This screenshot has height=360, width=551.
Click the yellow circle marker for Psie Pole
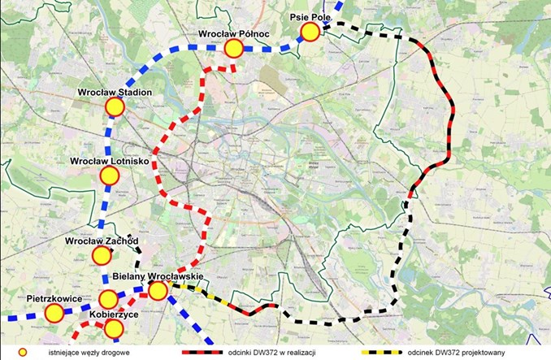pyautogui.click(x=310, y=32)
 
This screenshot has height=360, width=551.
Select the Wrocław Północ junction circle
pyautogui.click(x=234, y=49)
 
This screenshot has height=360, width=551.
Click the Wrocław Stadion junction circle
pyautogui.click(x=115, y=106)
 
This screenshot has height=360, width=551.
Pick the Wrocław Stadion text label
pyautogui.click(x=115, y=92)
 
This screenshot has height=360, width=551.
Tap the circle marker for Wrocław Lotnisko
pyautogui.click(x=107, y=176)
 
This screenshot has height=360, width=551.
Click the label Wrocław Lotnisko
pyautogui.click(x=109, y=161)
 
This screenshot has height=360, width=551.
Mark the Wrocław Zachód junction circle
pyautogui.click(x=102, y=256)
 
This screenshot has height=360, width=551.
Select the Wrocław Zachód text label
pyautogui.click(x=102, y=241)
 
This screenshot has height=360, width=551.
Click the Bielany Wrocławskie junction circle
pyautogui.click(x=158, y=290)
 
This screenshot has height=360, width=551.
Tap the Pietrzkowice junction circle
pyautogui.click(x=54, y=313)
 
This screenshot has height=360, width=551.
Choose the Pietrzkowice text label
pyautogui.click(x=54, y=299)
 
